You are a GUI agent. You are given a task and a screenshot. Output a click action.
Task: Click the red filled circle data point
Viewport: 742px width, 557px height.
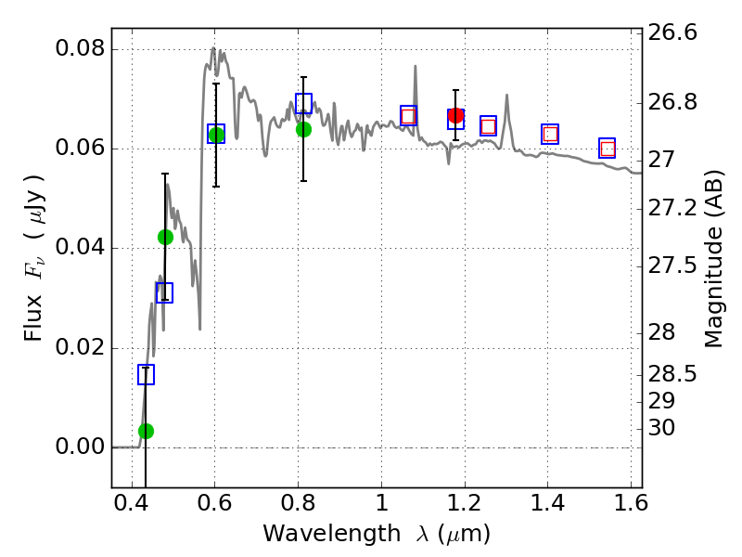455,115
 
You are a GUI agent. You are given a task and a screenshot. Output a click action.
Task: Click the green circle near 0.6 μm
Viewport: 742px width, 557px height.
216,135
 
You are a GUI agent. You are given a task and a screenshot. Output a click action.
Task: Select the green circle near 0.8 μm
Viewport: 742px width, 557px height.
303,129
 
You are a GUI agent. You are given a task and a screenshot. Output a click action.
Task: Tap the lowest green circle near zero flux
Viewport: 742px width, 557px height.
146,431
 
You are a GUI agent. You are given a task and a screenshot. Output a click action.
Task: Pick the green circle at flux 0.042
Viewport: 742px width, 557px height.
165,237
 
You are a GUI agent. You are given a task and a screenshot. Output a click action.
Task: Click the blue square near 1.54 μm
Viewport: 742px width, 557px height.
608,149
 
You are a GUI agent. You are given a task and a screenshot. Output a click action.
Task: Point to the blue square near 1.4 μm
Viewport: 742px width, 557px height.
550,134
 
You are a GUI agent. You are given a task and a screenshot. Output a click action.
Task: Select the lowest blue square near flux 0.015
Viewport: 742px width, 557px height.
146,374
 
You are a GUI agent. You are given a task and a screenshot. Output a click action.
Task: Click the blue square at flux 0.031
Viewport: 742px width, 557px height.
164,293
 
